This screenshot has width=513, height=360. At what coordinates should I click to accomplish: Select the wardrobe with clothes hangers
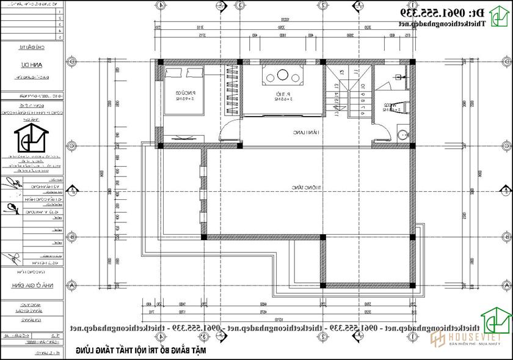(x=231, y=90)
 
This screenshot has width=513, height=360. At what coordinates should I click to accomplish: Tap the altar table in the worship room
(x=282, y=78)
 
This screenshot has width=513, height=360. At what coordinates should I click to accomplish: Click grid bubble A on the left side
(x=71, y=285)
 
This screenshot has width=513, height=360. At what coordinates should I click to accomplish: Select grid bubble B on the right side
(x=506, y=237)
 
